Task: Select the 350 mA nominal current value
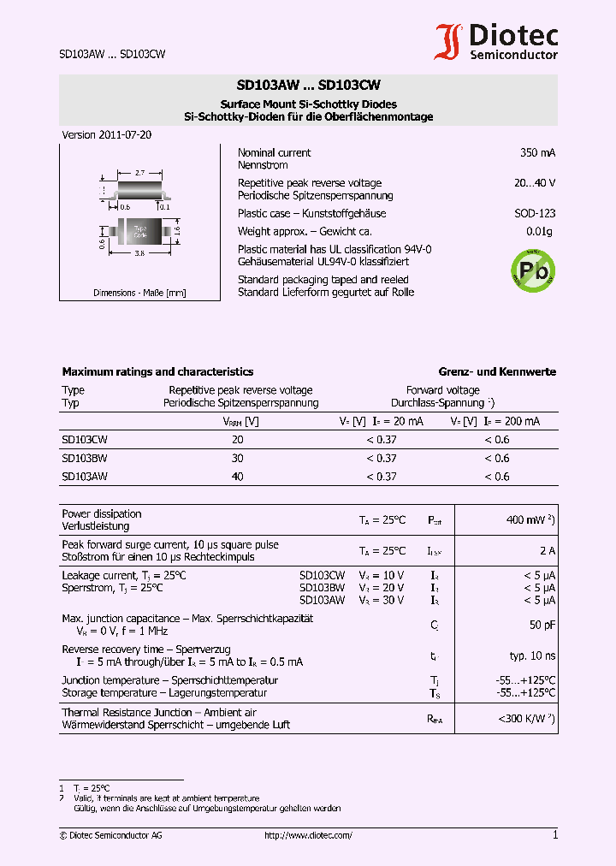pos(537,152)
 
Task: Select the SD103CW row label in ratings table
pos(85,439)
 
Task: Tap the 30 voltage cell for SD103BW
pos(238,458)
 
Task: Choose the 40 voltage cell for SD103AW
pos(238,477)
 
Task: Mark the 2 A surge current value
pos(548,550)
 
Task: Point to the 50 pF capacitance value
pos(542,625)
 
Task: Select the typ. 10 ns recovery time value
pos(532,655)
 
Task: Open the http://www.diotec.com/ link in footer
pos(308,835)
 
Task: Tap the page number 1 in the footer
pos(554,834)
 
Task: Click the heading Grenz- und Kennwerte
pos(497,371)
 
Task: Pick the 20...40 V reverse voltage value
pos(535,183)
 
